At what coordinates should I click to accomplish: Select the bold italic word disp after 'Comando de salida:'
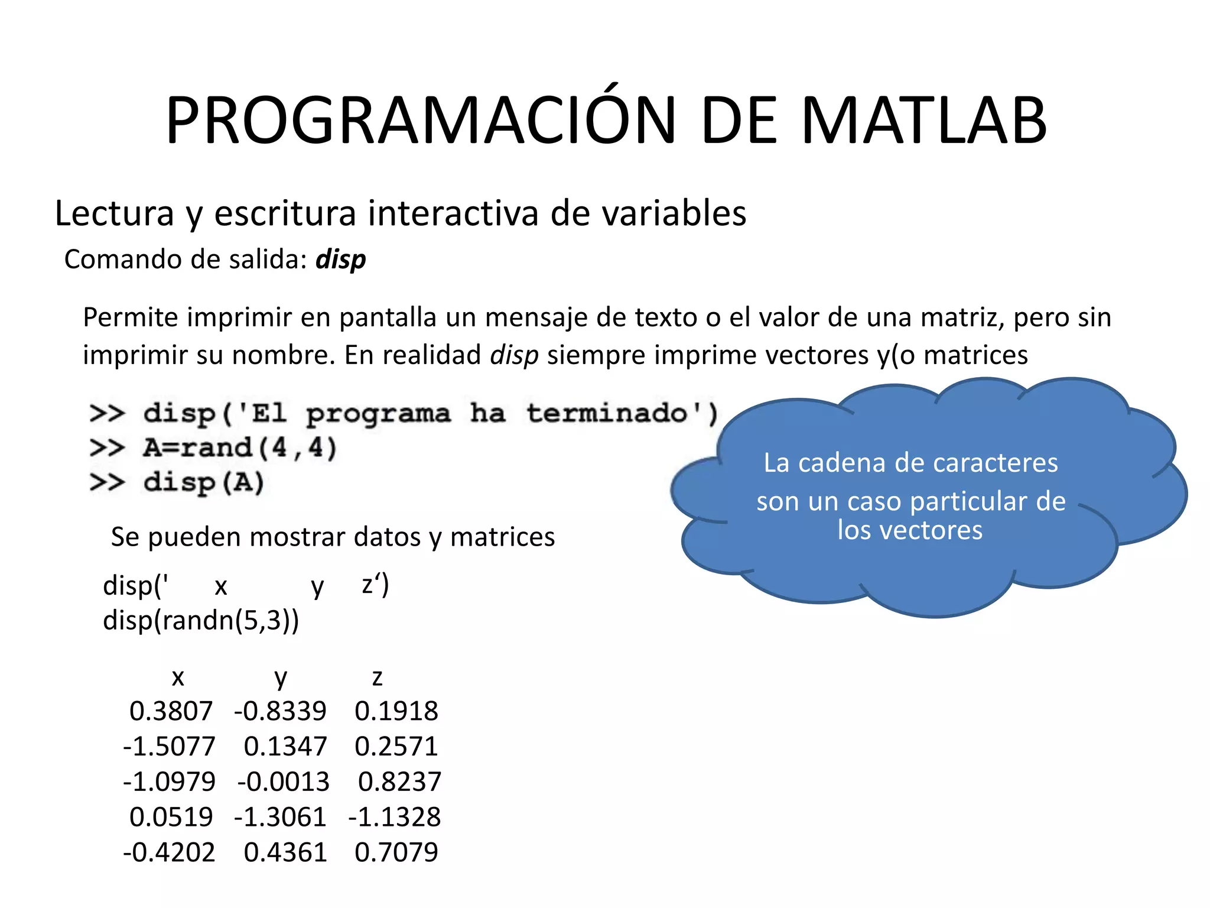click(340, 260)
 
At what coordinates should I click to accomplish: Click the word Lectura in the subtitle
click(115, 213)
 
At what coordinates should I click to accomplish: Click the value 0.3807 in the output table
click(171, 711)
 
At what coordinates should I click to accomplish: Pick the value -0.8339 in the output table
click(280, 711)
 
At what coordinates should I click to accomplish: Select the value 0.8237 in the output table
click(399, 782)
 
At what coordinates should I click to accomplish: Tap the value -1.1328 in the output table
click(395, 818)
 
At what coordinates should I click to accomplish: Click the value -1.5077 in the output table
click(169, 747)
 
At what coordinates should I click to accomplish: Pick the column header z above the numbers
click(378, 677)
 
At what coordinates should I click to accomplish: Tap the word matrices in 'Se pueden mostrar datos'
click(502, 537)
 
